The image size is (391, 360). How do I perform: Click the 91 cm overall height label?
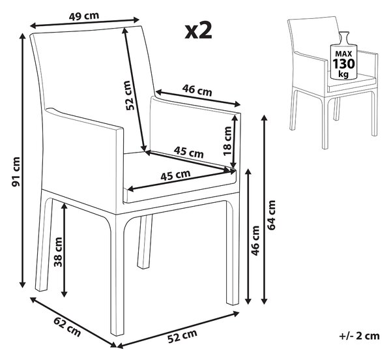[x=16, y=172]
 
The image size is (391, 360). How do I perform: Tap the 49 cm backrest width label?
[x=84, y=16]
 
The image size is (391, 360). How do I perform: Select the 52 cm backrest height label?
[x=131, y=96]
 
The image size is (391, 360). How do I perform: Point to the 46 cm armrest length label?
[x=197, y=90]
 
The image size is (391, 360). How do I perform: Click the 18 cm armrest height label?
[x=227, y=141]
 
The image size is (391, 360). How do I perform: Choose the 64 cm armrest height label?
[x=271, y=215]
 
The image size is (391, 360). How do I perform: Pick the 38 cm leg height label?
[x=58, y=252]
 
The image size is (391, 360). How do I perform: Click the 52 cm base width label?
[x=182, y=336]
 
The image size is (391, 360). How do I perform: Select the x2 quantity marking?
[x=199, y=30]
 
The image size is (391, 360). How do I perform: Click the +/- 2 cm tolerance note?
[x=359, y=336]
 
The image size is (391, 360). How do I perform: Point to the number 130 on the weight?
[x=343, y=64]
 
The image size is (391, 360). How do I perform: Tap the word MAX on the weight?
[x=343, y=53]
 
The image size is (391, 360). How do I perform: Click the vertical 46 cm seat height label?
[x=255, y=241]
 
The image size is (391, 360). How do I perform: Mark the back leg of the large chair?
[x=145, y=241]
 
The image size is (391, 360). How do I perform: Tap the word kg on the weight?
[x=343, y=74]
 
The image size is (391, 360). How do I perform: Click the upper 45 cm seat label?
[x=189, y=153]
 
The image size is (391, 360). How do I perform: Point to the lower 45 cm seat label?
[x=175, y=175]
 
